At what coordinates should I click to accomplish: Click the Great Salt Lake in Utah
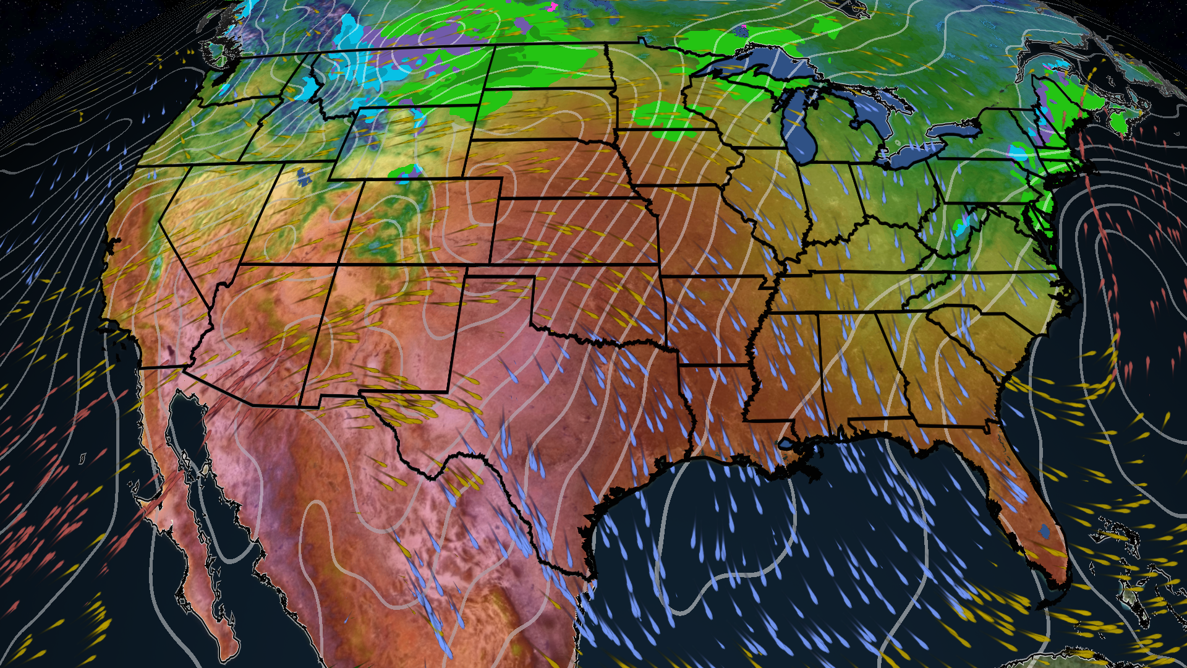click(304, 177)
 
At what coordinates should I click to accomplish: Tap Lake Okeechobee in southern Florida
click(1044, 531)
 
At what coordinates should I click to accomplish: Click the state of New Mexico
click(389, 328)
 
